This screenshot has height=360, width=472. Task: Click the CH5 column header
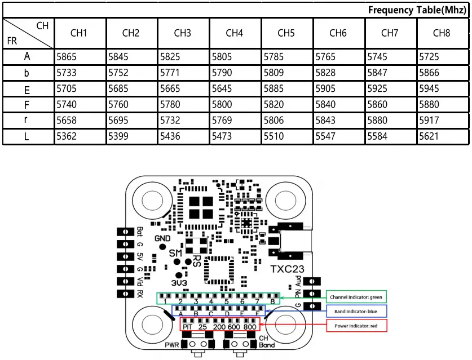click(286, 33)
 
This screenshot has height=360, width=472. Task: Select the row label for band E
click(27, 89)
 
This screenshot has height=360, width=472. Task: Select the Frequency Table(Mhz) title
click(417, 10)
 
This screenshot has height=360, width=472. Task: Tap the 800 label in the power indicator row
click(250, 327)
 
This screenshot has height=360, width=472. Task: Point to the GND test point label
click(162, 239)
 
